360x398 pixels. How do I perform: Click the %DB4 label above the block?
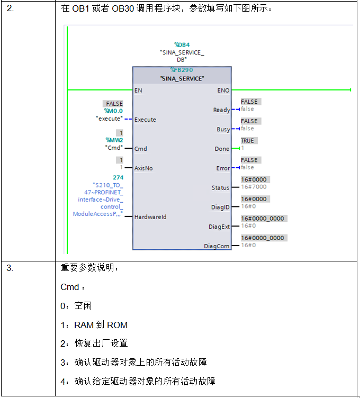[182, 45]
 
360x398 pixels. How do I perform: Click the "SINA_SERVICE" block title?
[182, 78]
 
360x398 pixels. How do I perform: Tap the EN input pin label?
[138, 91]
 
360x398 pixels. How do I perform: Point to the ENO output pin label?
[223, 91]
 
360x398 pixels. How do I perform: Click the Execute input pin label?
[145, 120]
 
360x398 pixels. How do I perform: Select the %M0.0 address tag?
[113, 111]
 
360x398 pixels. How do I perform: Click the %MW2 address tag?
[114, 140]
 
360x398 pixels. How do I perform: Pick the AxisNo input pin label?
[143, 168]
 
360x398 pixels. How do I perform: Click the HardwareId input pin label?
[151, 217]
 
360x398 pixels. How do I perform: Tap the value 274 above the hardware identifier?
[118, 178]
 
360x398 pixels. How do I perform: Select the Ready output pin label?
[221, 110]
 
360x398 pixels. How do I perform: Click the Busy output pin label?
[223, 130]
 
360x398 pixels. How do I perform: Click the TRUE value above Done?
[247, 141]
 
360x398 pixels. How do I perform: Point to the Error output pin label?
[223, 168]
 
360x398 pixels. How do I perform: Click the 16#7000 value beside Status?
[254, 187]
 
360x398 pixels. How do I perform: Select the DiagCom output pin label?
[217, 246]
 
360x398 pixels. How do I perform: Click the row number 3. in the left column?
[10, 268]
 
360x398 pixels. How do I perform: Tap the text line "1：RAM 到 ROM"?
[94, 325]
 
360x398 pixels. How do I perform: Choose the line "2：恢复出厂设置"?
[94, 343]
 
